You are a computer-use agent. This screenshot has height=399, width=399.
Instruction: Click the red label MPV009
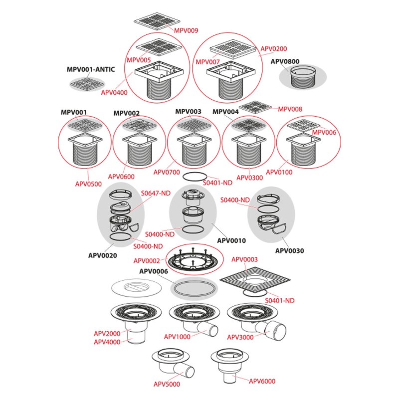tap(186, 30)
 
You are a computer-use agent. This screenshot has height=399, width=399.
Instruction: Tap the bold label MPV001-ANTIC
tap(91, 70)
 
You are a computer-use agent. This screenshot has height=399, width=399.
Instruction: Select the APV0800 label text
tap(285, 61)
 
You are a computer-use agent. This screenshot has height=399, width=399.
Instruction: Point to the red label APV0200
tap(274, 49)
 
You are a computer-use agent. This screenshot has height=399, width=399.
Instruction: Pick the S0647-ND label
tap(155, 193)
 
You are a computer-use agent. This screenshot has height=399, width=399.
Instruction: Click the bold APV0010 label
tap(231, 240)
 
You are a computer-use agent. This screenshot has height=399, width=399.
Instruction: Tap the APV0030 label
tap(289, 251)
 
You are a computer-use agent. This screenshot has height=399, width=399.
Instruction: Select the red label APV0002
tap(147, 260)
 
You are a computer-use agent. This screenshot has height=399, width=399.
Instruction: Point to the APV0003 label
tap(245, 259)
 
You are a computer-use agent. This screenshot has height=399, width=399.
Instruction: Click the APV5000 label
tap(167, 384)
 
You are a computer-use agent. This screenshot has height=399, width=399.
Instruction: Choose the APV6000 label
tap(261, 381)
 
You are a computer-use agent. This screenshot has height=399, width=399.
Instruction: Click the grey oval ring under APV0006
tap(194, 288)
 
